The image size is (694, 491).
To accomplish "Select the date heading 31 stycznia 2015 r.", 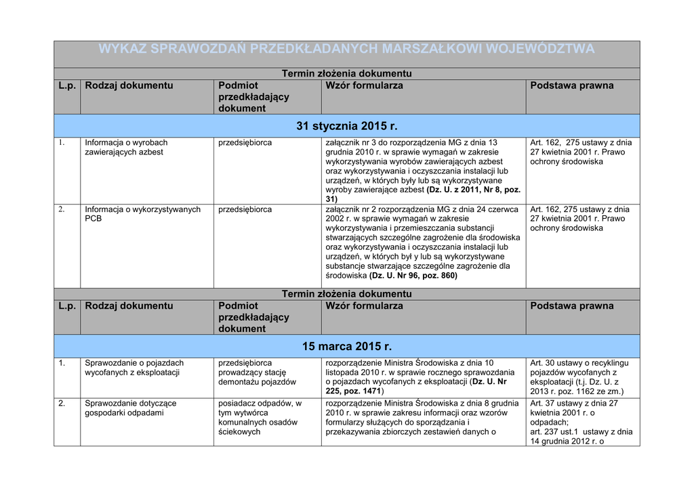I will point(346,127).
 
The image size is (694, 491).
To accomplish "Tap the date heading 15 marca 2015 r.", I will point(346,347).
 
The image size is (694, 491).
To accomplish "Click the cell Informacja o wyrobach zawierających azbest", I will point(126,148).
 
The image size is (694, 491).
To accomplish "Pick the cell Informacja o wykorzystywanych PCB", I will point(142,214).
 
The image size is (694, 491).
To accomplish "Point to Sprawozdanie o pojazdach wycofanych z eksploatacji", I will point(134,368).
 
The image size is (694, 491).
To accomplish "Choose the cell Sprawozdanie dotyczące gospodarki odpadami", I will point(130,408).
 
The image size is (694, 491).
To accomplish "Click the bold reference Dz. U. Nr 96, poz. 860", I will point(413,276).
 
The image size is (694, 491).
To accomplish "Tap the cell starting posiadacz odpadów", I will point(260,417).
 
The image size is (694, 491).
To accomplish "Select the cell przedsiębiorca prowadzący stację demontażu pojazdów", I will point(258,372).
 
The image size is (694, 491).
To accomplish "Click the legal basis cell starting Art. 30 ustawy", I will point(581,377).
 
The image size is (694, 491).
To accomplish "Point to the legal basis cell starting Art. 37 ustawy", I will point(581,422).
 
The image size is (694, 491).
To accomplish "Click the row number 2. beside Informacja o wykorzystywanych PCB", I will point(61,209).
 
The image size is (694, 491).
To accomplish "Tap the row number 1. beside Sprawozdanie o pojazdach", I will point(61,363).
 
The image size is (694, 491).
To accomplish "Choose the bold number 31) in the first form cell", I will point(331,200).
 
